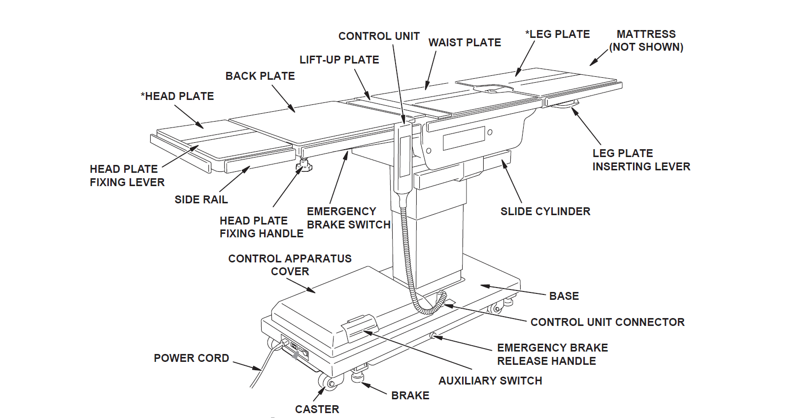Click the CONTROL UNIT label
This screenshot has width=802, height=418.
click(378, 36)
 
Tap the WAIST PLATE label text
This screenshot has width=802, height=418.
click(464, 43)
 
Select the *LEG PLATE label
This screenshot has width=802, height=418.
click(557, 34)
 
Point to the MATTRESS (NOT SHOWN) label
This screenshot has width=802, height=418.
click(646, 41)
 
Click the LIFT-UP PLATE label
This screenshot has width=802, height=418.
click(339, 60)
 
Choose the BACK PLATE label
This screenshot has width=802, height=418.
click(260, 76)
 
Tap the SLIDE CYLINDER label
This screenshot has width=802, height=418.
click(545, 212)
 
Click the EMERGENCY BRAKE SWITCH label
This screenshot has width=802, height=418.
click(348, 218)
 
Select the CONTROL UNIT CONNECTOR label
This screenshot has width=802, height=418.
click(607, 322)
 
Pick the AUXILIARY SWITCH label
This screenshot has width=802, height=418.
click(490, 381)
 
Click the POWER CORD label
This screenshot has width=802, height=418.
click(191, 358)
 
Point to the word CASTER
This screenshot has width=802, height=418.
click(317, 410)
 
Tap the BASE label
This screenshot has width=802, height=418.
click(564, 296)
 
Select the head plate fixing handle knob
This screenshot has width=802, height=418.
click(304, 166)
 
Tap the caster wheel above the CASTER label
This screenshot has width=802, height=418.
click(327, 382)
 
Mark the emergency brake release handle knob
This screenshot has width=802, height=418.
click(433, 336)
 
